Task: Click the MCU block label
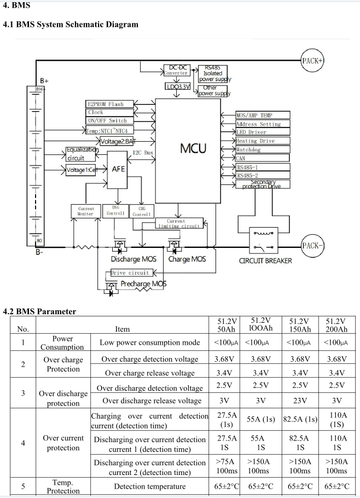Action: [x=194, y=148]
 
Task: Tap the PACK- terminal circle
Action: [x=312, y=246]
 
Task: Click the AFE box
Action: [x=118, y=169]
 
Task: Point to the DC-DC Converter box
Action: [x=177, y=70]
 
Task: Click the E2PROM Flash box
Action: [x=106, y=104]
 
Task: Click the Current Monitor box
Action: [x=86, y=211]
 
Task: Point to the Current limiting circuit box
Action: [x=179, y=223]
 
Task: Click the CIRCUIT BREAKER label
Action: [x=265, y=260]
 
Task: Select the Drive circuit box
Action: [x=130, y=273]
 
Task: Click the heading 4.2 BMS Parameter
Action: [x=39, y=312]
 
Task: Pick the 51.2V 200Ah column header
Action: [x=336, y=325]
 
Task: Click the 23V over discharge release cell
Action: [x=300, y=400]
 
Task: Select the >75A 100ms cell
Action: [x=227, y=466]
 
